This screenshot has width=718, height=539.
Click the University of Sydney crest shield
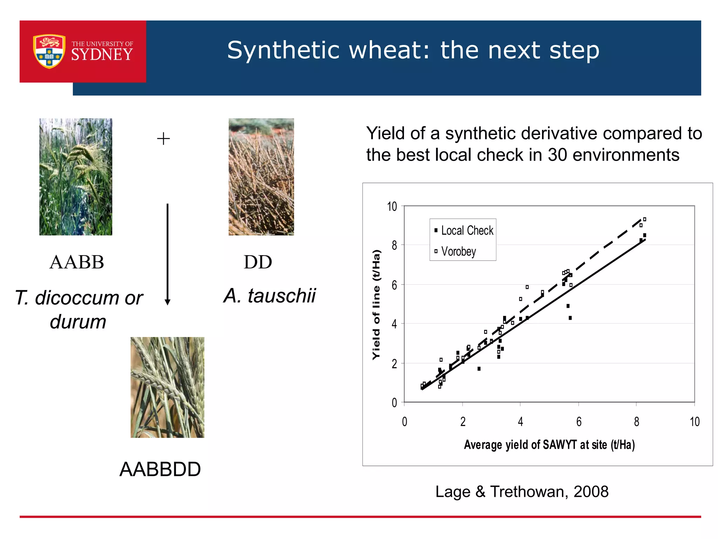[49, 51]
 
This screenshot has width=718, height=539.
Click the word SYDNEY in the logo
[102, 55]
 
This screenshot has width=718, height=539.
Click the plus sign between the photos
[163, 139]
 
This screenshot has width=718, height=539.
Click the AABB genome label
[77, 262]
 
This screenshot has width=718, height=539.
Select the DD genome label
[258, 262]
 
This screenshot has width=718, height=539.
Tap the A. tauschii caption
[270, 295]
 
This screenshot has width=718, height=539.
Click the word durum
[78, 322]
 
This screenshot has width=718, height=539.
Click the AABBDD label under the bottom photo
[160, 470]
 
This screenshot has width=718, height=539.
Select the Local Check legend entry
[466, 231]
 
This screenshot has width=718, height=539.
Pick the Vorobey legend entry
[458, 252]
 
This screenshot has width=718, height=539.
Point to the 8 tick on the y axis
[394, 245]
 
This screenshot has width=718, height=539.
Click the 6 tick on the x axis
[578, 422]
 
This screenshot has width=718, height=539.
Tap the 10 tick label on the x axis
[695, 422]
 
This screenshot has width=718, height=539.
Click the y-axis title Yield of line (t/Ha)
[376, 304]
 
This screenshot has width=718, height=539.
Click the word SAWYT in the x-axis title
[559, 445]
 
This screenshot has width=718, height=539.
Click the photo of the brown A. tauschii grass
[261, 177]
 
